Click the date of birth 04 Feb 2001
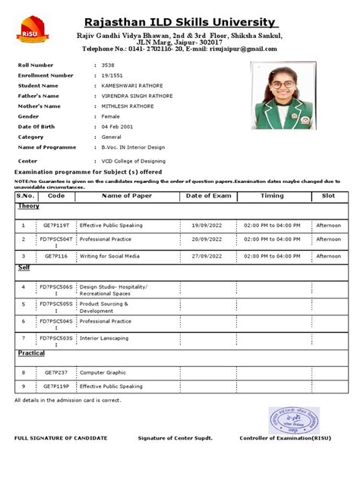click(x=118, y=126)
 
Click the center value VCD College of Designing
click(x=134, y=162)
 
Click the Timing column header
click(x=272, y=196)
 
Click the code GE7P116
click(x=55, y=257)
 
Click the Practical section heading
click(x=31, y=354)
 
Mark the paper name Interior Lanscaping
click(x=105, y=337)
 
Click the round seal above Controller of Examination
click(x=292, y=420)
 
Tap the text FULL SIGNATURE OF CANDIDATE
click(x=61, y=438)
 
